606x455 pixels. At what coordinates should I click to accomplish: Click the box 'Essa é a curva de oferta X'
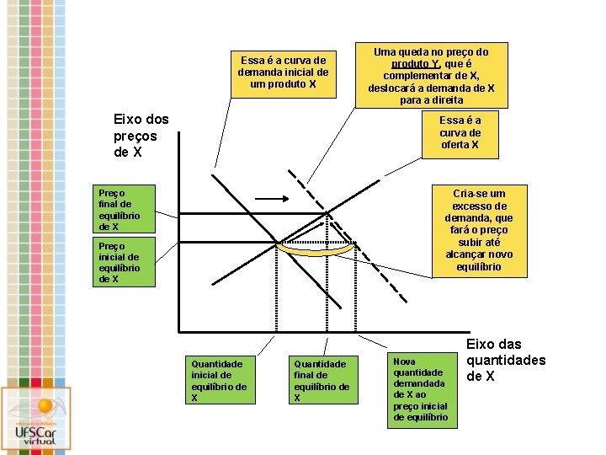tap(460, 133)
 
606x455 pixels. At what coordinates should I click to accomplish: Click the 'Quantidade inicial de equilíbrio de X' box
tap(218, 380)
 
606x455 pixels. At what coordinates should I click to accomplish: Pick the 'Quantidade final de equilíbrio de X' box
tap(319, 380)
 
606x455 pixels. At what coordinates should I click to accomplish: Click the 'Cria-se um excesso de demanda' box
tap(480, 229)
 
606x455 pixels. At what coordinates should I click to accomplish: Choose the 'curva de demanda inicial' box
tap(283, 72)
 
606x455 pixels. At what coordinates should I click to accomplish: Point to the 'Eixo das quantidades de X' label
tap(505, 359)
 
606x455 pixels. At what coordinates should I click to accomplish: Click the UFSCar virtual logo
tap(35, 420)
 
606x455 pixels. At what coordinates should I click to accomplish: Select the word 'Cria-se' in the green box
tap(468, 193)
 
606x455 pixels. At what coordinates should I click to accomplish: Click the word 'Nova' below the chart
tap(405, 361)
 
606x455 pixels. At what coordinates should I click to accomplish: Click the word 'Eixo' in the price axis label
tap(128, 120)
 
